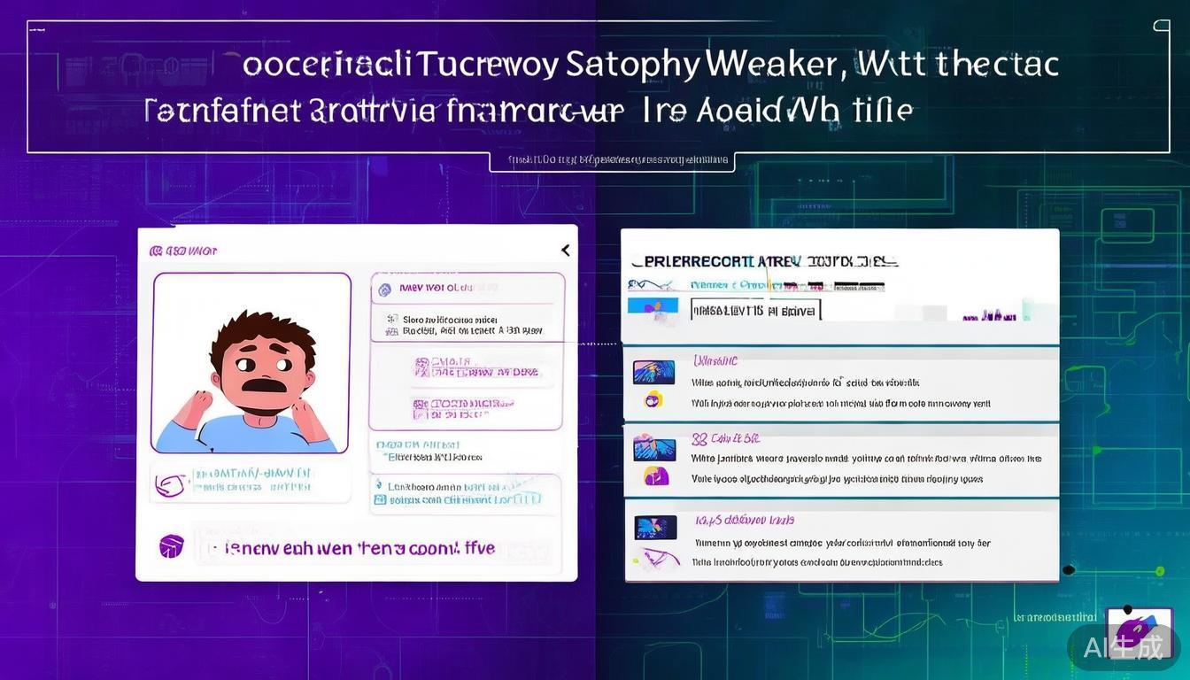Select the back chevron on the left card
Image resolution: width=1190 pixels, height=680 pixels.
point(565,251)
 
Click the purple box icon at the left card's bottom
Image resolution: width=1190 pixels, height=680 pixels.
point(171,545)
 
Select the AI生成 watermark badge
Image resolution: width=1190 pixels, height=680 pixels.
point(1123,647)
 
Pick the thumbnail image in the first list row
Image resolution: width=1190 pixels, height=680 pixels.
point(653,372)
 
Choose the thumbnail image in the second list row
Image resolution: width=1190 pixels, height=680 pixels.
point(653,449)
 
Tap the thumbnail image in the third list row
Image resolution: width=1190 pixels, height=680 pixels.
point(655,528)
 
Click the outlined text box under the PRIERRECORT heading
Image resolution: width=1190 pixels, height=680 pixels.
point(754,310)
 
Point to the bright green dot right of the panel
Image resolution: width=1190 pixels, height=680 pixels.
point(1069,569)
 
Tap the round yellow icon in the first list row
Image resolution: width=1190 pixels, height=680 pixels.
point(654,399)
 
